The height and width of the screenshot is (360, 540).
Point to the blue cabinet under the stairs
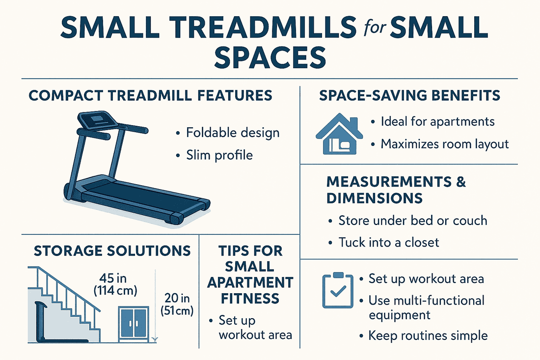tap(134, 324)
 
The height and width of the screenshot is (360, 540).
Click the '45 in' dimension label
tap(112, 278)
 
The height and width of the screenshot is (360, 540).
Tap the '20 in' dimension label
tap(177, 298)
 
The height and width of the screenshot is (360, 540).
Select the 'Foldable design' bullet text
tap(233, 133)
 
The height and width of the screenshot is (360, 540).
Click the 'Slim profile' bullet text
tap(219, 155)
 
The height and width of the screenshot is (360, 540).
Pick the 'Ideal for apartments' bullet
tap(437, 122)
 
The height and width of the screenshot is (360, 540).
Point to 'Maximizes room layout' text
tap(445, 144)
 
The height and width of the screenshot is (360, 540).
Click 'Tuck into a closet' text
tap(389, 242)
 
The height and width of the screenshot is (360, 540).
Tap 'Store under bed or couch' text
tap(412, 221)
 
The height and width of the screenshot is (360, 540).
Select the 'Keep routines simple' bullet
tap(428, 335)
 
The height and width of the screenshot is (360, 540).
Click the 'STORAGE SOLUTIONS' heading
tap(112, 251)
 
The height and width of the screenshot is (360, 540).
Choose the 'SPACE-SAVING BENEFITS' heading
tap(409, 95)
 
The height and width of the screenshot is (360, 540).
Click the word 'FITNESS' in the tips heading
tap(250, 298)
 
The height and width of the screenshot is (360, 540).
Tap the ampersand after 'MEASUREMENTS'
tap(461, 182)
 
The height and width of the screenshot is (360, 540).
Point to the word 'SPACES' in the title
tap(270, 57)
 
